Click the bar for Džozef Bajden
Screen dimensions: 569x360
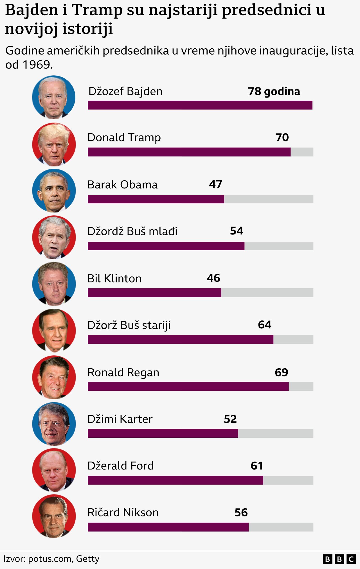click(200, 105)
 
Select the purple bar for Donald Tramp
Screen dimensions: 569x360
click(189, 152)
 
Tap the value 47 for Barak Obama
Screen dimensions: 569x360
click(215, 184)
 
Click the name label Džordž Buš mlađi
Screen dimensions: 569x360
click(132, 231)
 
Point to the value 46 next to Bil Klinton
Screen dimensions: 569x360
click(213, 278)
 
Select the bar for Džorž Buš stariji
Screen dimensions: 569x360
click(180, 340)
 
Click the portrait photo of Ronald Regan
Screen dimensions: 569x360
click(54, 377)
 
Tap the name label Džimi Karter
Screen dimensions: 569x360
click(120, 419)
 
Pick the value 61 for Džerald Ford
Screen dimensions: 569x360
click(256, 466)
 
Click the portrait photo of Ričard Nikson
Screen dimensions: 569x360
click(54, 516)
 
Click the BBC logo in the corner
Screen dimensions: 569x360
click(339, 559)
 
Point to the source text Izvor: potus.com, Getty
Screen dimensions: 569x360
click(51, 559)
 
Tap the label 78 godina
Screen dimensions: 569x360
click(274, 91)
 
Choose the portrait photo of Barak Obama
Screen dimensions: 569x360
click(54, 191)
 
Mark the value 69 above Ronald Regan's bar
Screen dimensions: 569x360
click(281, 372)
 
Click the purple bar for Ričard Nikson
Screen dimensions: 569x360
click(168, 527)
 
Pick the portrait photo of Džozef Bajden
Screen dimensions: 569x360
click(54, 97)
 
